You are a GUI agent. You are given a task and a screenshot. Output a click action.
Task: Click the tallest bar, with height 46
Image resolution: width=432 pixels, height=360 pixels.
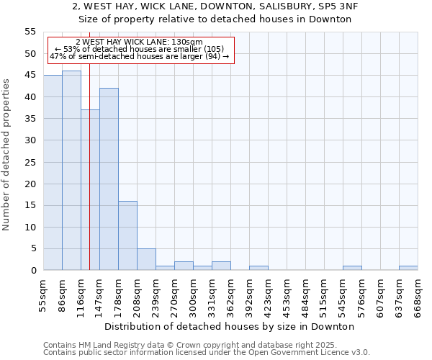click(x=71, y=171)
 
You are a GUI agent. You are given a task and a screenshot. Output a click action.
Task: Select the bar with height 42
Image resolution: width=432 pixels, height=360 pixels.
click(x=109, y=179)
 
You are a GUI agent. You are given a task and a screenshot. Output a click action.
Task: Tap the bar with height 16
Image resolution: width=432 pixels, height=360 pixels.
click(x=127, y=235)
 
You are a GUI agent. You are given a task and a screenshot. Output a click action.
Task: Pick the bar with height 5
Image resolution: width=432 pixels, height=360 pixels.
click(x=146, y=259)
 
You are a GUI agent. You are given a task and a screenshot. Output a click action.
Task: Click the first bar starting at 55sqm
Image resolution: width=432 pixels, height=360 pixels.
click(x=53, y=173)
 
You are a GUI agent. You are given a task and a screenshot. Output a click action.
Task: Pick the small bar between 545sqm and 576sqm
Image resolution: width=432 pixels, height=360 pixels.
click(x=352, y=268)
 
